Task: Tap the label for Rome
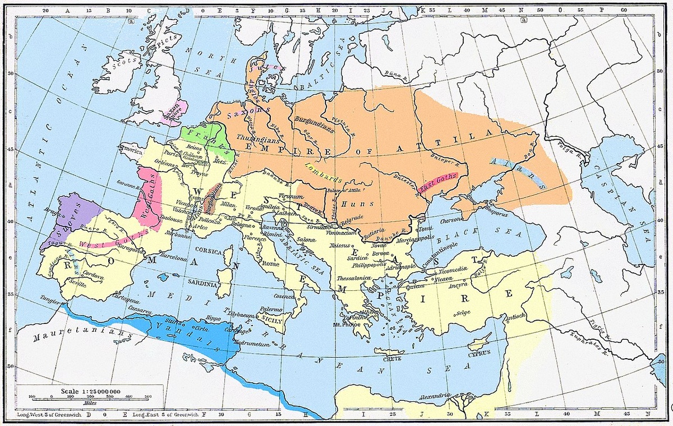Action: (270, 263)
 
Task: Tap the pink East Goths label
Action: (439, 183)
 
